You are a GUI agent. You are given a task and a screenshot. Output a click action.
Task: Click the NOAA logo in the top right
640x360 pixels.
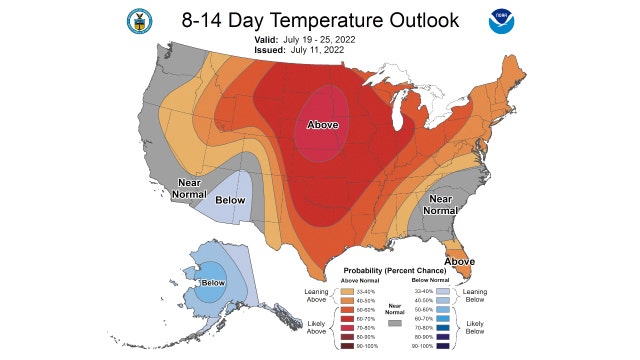tap(500, 21)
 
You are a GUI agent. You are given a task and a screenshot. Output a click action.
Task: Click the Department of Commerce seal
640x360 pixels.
tap(139, 21)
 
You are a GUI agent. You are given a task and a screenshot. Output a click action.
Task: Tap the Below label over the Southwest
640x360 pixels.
tap(231, 200)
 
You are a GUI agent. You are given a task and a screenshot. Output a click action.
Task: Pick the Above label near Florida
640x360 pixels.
tap(459, 261)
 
